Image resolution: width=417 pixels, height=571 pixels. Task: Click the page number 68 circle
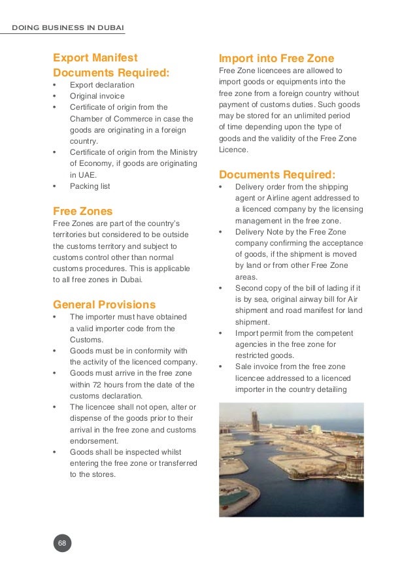tap(62, 543)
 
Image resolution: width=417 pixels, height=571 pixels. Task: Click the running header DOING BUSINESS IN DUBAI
tap(69, 27)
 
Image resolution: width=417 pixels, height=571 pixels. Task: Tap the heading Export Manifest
tap(95, 58)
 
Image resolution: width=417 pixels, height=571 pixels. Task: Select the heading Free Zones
tap(82, 211)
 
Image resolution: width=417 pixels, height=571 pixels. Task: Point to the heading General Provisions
tap(104, 304)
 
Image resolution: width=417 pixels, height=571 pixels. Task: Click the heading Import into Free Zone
tap(276, 58)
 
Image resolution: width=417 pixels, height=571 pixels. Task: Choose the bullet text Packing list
tap(90, 186)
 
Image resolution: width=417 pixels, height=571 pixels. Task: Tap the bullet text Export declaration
tap(102, 85)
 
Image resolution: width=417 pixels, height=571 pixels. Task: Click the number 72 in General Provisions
tap(102, 385)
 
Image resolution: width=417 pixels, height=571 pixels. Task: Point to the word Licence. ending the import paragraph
tap(233, 150)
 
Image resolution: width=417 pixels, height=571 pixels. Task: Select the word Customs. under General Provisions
tap(86, 340)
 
